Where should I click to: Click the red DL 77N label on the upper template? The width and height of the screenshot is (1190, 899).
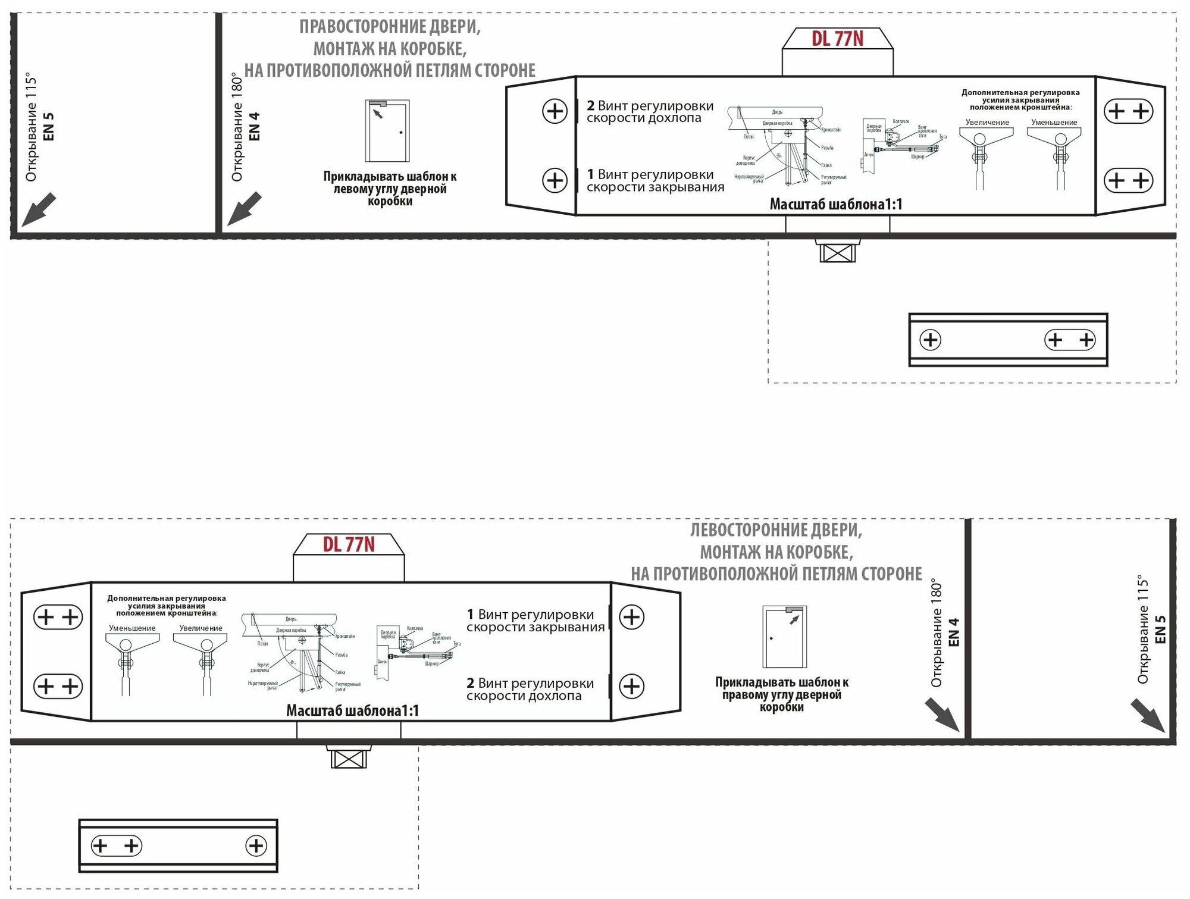coord(837,39)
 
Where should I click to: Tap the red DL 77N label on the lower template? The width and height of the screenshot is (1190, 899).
coord(349,545)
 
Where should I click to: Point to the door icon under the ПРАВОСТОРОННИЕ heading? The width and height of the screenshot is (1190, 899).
coord(387,131)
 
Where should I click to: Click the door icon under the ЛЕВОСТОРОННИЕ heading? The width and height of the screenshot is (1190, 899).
coord(785,637)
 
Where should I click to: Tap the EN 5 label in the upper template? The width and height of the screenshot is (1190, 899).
coord(49,126)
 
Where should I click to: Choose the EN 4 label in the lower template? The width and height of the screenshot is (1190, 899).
coord(954,632)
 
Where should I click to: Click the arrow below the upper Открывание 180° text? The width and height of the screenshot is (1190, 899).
coord(245,208)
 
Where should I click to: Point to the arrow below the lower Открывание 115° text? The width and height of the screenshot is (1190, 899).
coord(1148,716)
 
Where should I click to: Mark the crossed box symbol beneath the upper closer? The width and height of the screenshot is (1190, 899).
coord(837,253)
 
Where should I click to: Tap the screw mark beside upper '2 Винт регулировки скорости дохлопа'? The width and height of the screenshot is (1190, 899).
coord(555,111)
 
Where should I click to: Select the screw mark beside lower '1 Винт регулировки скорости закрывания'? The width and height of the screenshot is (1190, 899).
coord(631,617)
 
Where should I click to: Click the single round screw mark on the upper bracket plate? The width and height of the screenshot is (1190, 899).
coord(930,340)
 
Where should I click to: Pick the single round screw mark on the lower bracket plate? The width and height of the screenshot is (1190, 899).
coord(256,845)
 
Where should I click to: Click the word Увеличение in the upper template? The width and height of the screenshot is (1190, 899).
coord(987,123)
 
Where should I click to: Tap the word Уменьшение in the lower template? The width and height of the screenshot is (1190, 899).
coord(132,628)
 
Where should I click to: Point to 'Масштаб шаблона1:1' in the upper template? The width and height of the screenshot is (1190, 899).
coord(836,205)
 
